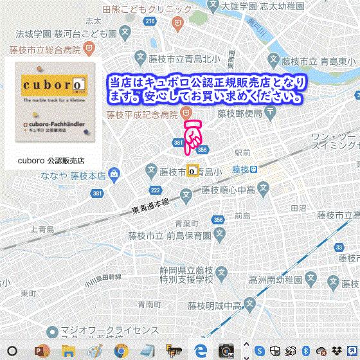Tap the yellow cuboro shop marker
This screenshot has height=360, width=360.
click(x=192, y=170)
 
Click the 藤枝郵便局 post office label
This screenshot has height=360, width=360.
click(x=239, y=114)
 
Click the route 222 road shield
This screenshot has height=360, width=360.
click(x=156, y=190)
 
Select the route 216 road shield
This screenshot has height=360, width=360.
click(x=150, y=22)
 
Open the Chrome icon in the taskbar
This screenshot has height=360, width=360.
click(x=120, y=351)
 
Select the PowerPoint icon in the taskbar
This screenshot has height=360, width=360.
click(x=42, y=351)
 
